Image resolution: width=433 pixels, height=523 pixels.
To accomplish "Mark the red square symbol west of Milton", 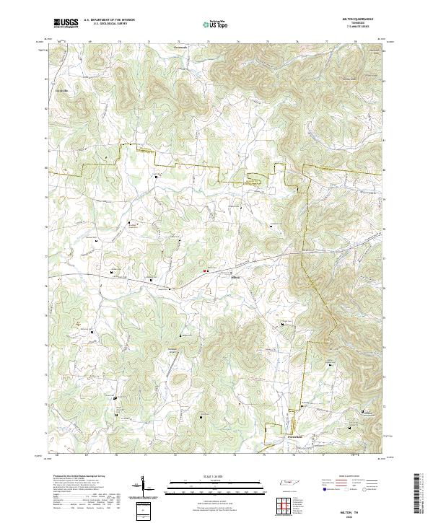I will (x=206, y=271).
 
